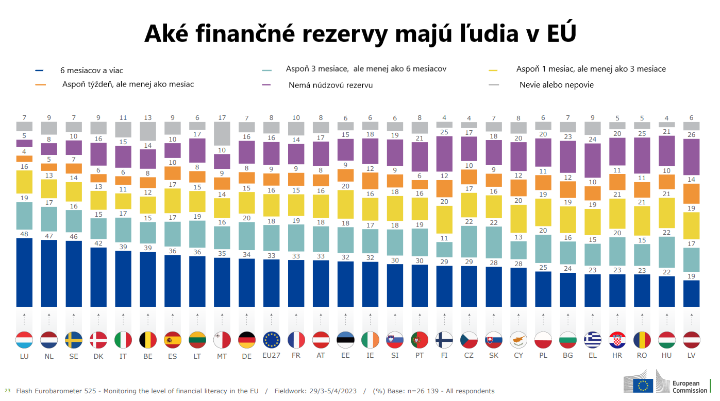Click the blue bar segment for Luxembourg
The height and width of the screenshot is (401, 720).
click(x=24, y=272)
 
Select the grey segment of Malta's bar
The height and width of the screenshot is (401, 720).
click(x=222, y=133)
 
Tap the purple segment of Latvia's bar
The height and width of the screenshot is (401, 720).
click(x=692, y=157)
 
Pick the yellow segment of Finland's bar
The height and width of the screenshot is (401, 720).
click(x=444, y=219)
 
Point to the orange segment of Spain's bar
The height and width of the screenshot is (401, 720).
click(x=173, y=173)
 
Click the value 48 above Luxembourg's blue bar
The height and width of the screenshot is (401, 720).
click(x=24, y=233)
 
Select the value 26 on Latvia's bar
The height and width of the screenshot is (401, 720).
click(x=692, y=135)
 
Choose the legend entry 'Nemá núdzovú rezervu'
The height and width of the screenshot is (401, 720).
click(x=330, y=85)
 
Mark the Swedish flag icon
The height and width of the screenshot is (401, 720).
click(x=74, y=340)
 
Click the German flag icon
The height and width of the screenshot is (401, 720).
click(x=247, y=340)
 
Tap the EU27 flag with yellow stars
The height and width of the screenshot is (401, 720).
click(x=272, y=340)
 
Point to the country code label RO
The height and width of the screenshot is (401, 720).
click(x=642, y=356)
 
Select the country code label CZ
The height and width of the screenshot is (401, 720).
click(x=469, y=356)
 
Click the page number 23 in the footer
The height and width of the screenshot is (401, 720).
click(x=7, y=391)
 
